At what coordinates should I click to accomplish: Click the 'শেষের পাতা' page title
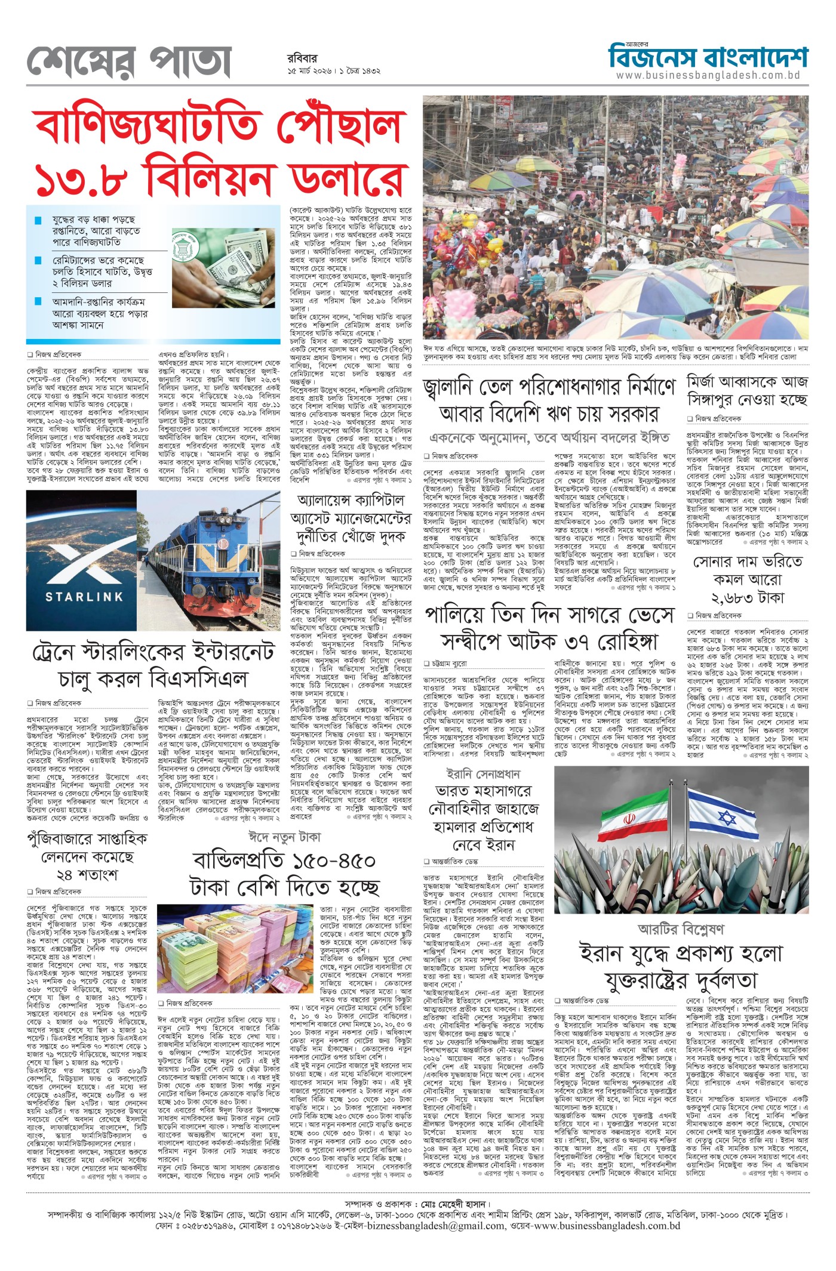[x=128, y=61]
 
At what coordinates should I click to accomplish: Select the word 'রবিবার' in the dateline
[x=302, y=58]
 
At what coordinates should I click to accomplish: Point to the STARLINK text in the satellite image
[x=84, y=596]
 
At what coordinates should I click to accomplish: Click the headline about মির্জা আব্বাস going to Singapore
[x=747, y=391]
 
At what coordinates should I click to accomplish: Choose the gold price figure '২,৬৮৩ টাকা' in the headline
[x=747, y=597]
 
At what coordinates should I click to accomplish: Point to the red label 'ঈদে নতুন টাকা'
[x=284, y=837]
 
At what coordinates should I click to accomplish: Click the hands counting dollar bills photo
[x=225, y=260]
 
